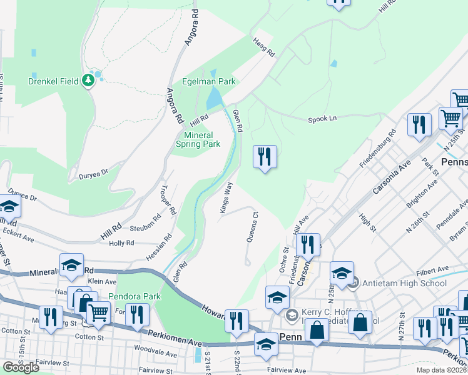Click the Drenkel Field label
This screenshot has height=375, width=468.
tap(53, 81)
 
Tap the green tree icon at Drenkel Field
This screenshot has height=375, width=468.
tap(89, 79)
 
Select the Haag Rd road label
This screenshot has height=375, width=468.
tap(264, 47)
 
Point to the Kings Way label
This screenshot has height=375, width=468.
tap(226, 198)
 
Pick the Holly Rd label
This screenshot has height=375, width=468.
tap(121, 243)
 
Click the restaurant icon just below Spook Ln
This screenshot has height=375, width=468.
tap(265, 156)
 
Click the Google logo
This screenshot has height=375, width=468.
tap(21, 367)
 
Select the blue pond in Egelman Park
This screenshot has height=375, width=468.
tap(215, 97)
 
